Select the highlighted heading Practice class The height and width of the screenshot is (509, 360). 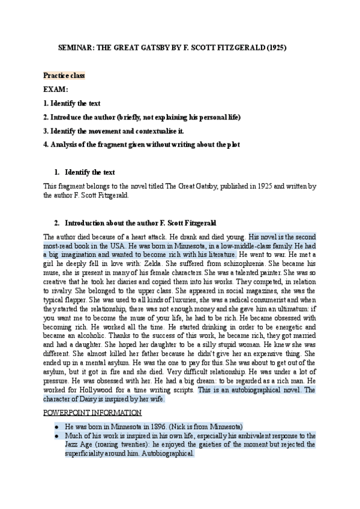pyautogui.click(x=64, y=76)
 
